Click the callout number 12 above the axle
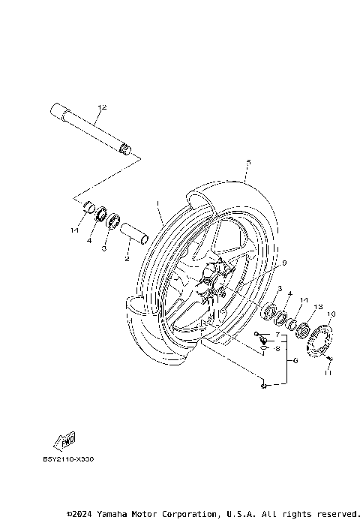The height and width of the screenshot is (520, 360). tap(103, 108)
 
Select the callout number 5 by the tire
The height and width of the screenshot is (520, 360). tap(247, 162)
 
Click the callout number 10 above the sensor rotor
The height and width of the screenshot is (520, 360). tap(332, 314)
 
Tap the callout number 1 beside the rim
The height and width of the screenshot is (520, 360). tap(158, 203)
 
